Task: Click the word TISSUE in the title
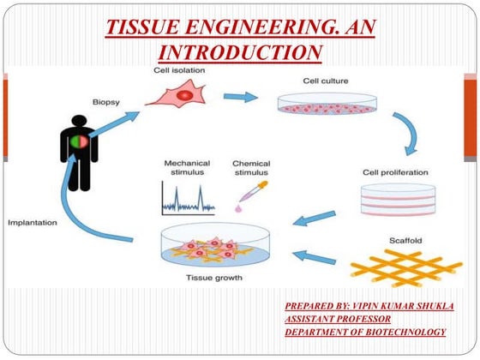point(141,26)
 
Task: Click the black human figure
point(79,151)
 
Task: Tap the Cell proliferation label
point(396,172)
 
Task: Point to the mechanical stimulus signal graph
point(187,199)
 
